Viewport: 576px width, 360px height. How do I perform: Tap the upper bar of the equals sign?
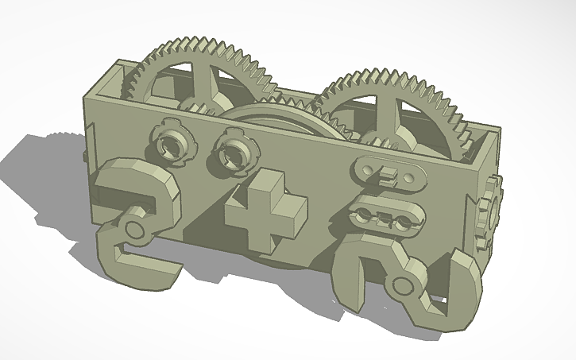coord(389,172)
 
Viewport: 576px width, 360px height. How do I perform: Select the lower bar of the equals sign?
coord(385,217)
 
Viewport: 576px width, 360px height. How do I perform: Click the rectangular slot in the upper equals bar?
coord(389,171)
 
